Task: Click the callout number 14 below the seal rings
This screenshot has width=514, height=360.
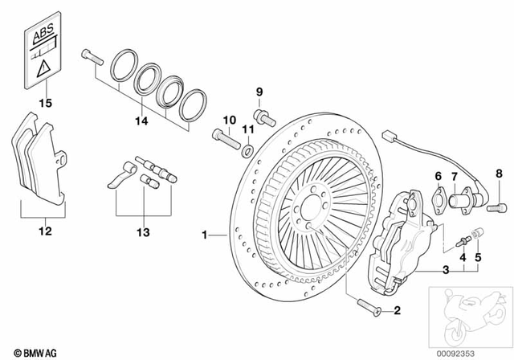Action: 142,122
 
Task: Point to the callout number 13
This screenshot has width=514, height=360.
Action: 143,232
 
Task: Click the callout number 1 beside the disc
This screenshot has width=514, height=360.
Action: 206,235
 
